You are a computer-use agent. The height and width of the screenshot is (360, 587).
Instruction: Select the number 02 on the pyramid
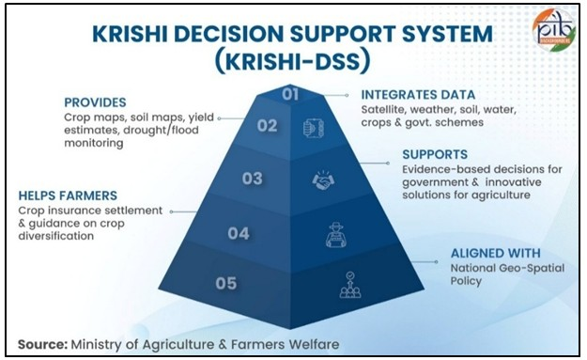pyautogui.click(x=268, y=125)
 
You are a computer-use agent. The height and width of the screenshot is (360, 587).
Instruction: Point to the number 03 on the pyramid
pyautogui.click(x=252, y=177)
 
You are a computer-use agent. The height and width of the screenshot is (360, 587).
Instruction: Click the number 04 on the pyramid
pyautogui.click(x=239, y=232)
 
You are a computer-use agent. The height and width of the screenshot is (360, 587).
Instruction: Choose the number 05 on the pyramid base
pyautogui.click(x=225, y=283)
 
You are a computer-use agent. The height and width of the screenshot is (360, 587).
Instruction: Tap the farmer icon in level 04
pyautogui.click(x=335, y=235)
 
